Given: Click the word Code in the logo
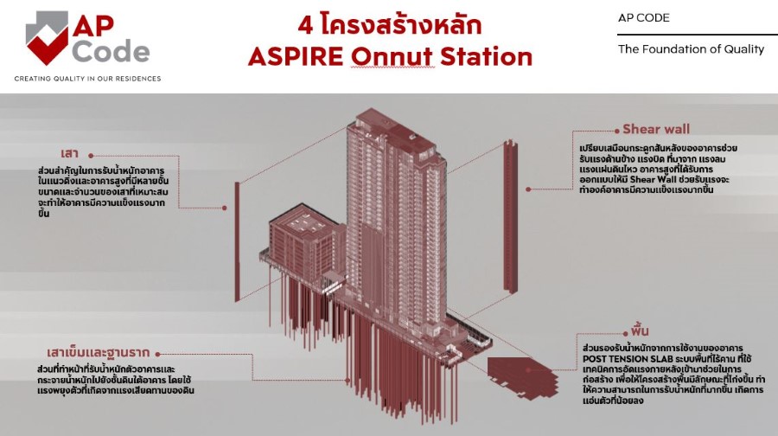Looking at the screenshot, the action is pos(112,52).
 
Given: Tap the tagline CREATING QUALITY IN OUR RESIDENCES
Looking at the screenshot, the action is pos(88,79).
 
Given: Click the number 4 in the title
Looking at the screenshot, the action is pos(305,25).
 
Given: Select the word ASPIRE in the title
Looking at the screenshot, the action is pos(296,56).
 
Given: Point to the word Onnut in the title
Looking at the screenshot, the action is pos(392,56).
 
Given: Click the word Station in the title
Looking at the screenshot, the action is pos(486,56).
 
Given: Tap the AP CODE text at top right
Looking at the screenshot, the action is pos(643,18).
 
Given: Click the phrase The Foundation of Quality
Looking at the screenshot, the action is pos(691,49).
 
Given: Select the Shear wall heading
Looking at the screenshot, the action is pos(656,129).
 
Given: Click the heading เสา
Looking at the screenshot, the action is pos(70,153).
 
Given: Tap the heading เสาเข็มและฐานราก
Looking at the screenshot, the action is pos(99,353).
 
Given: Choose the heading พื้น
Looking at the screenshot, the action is pos(640,330).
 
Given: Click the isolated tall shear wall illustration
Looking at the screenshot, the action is pos(511,215).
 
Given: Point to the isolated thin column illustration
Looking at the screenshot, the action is pos(237,241).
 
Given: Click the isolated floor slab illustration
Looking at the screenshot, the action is pos(522,376).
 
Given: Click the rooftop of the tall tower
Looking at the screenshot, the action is pos(392,130).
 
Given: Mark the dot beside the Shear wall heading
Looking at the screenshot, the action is pos(617,131).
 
